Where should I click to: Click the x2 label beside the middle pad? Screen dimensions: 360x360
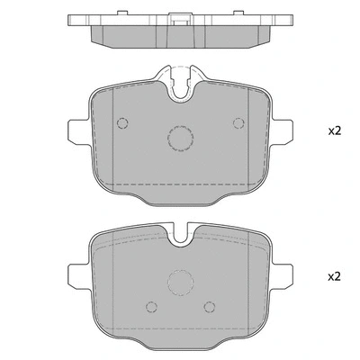point(334,131)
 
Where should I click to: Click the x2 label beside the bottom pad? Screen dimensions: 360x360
point(334,276)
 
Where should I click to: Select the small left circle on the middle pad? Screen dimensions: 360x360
point(125,123)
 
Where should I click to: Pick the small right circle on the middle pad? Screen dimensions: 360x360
point(238,123)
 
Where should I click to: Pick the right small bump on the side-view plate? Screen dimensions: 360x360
point(245,14)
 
